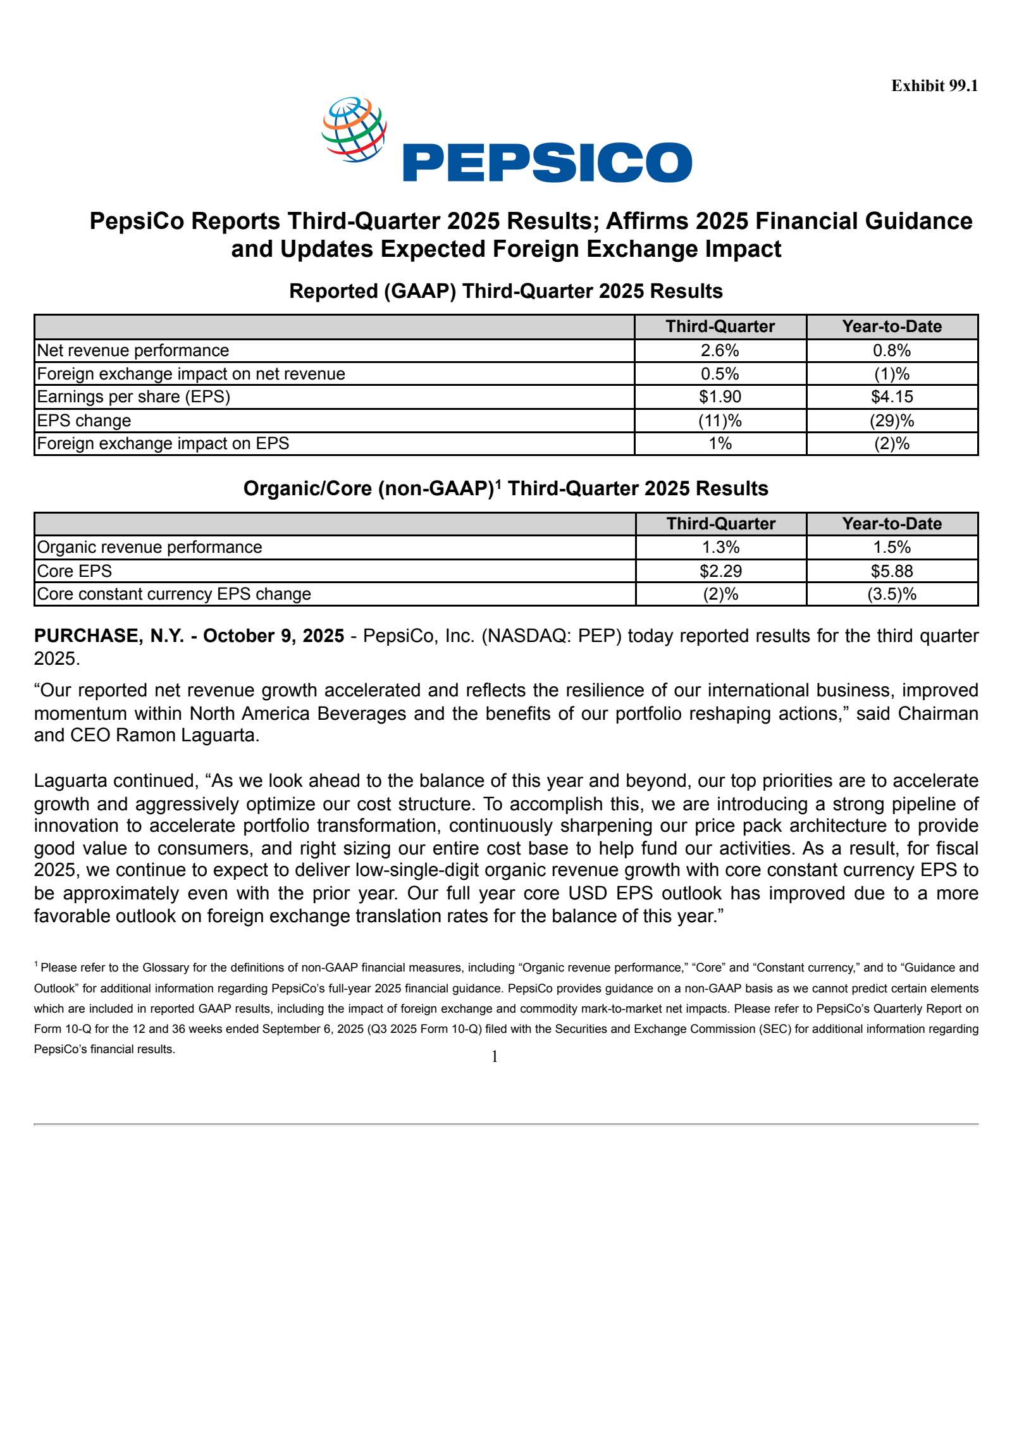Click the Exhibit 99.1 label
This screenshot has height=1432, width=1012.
click(x=934, y=86)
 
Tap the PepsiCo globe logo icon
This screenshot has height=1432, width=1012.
click(x=354, y=129)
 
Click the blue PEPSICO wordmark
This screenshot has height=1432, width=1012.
click(x=547, y=163)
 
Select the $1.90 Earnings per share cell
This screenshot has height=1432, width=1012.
click(x=720, y=397)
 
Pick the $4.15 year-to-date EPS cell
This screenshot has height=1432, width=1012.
click(x=892, y=397)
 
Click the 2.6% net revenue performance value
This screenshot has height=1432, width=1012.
click(x=720, y=350)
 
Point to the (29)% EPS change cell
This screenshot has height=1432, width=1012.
click(x=892, y=421)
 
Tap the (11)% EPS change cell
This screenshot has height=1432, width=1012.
click(x=720, y=421)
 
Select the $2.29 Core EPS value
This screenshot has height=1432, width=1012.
click(x=720, y=571)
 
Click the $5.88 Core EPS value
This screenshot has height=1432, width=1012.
click(x=892, y=571)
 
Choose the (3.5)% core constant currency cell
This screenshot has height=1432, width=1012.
click(x=892, y=594)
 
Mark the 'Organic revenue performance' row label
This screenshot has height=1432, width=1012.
click(x=149, y=547)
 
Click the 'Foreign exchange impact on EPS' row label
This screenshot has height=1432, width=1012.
click(x=163, y=443)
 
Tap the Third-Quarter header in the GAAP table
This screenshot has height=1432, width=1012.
click(x=720, y=326)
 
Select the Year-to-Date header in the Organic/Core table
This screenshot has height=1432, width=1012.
click(x=892, y=524)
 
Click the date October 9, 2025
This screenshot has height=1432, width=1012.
click(x=273, y=636)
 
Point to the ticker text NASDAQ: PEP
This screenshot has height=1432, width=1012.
click(x=553, y=636)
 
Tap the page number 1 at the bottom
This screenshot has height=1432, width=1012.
click(x=495, y=1056)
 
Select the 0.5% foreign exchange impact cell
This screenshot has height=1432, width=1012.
click(x=720, y=374)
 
